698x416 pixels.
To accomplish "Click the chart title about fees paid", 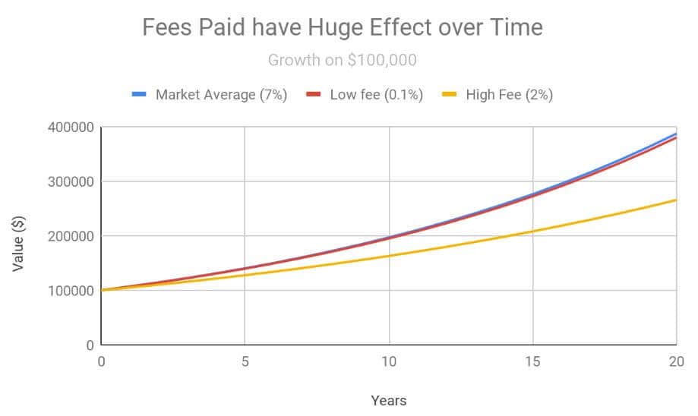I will coord(343,28).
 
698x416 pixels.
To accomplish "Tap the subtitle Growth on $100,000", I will coord(343,59).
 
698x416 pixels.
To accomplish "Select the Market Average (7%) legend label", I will coord(221,95).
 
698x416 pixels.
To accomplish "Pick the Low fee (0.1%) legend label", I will coord(376,95).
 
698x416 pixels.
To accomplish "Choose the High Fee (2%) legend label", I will coord(509,95).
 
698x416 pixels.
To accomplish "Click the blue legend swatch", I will coord(139,95).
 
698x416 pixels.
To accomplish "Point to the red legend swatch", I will coord(314,95).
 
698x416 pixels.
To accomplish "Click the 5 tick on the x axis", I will coord(245,361).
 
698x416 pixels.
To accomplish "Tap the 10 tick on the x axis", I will coord(389,361).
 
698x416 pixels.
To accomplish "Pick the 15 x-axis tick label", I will coord(533,361).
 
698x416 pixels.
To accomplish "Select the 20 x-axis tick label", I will coord(676,361).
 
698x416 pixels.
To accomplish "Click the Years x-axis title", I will coord(388,400).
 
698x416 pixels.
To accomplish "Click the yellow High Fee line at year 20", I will coord(675,200).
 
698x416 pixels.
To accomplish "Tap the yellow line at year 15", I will coord(533,231).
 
